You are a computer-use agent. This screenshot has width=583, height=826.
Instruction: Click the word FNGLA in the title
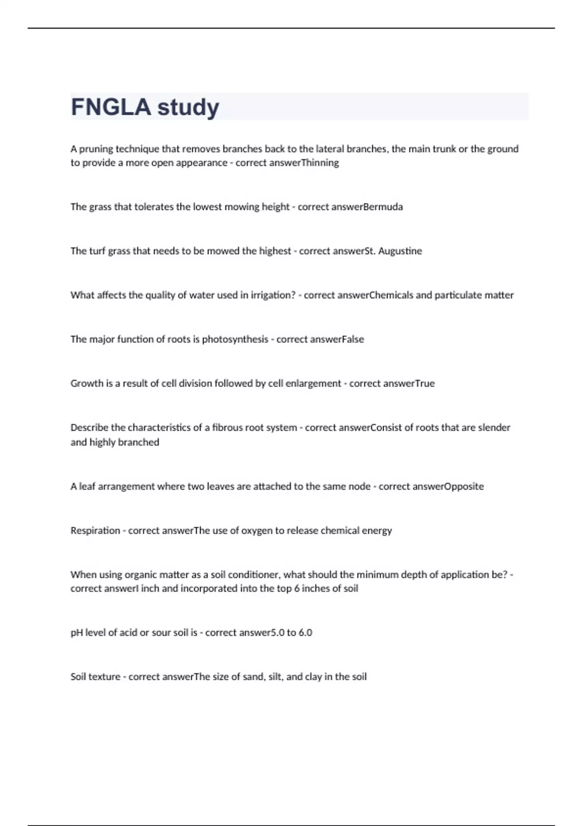(111, 107)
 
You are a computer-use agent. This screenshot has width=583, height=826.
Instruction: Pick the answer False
(353, 340)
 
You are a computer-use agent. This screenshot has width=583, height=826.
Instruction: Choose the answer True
(425, 384)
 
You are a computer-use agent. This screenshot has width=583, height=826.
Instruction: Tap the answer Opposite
(464, 486)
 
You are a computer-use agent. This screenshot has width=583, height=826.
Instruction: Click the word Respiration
(95, 531)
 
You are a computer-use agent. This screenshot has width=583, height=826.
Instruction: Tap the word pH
(77, 633)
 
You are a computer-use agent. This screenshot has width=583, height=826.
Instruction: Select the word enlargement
(313, 384)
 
